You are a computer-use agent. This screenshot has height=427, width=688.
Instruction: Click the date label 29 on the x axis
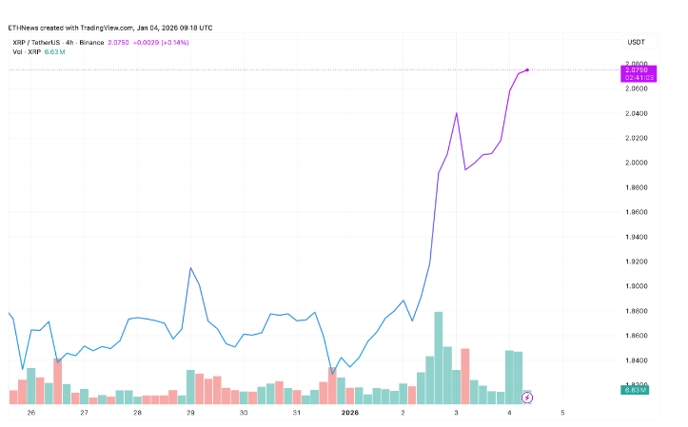coord(190,413)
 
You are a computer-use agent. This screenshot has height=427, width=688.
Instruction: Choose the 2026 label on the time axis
coord(350,413)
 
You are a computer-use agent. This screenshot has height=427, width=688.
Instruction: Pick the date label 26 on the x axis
coord(31,413)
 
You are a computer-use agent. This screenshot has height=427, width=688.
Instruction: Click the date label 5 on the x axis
coord(563,413)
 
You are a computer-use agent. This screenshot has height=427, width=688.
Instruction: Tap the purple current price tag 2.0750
coord(635,70)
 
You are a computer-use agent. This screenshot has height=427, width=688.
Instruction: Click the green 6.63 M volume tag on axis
coord(635,390)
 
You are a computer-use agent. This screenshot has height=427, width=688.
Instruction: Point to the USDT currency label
coord(636,43)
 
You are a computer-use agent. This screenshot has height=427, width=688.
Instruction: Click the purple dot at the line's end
coord(527,69)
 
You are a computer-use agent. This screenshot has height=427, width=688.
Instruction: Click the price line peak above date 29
coord(190,268)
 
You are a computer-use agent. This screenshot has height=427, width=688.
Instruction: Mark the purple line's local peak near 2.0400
coord(457,113)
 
